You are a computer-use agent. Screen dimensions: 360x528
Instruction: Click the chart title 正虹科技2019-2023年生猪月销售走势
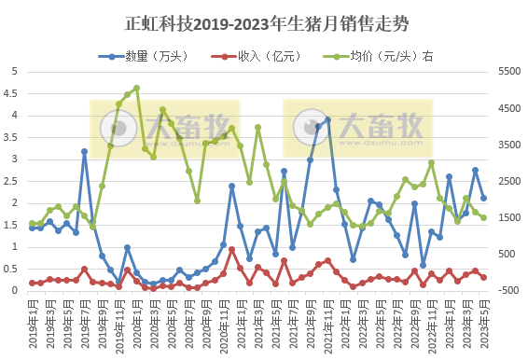click(x=264, y=22)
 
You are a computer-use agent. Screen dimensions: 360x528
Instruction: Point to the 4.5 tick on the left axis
click(x=13, y=93)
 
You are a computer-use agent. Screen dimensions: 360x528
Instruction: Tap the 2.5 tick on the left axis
click(x=13, y=181)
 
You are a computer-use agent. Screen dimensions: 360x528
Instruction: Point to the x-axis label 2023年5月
click(x=483, y=322)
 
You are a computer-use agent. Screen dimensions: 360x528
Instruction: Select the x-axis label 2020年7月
click(x=188, y=322)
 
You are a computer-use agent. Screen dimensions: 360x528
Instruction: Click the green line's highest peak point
click(x=136, y=89)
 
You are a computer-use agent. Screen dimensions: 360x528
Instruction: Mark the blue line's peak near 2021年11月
click(x=327, y=119)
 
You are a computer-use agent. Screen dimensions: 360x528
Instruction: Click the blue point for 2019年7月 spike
click(x=84, y=151)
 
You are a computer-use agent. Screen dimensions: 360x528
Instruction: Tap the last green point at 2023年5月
click(x=483, y=217)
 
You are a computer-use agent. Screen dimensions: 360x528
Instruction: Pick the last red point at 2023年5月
click(x=483, y=277)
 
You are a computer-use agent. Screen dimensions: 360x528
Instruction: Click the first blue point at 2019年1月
click(x=32, y=227)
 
